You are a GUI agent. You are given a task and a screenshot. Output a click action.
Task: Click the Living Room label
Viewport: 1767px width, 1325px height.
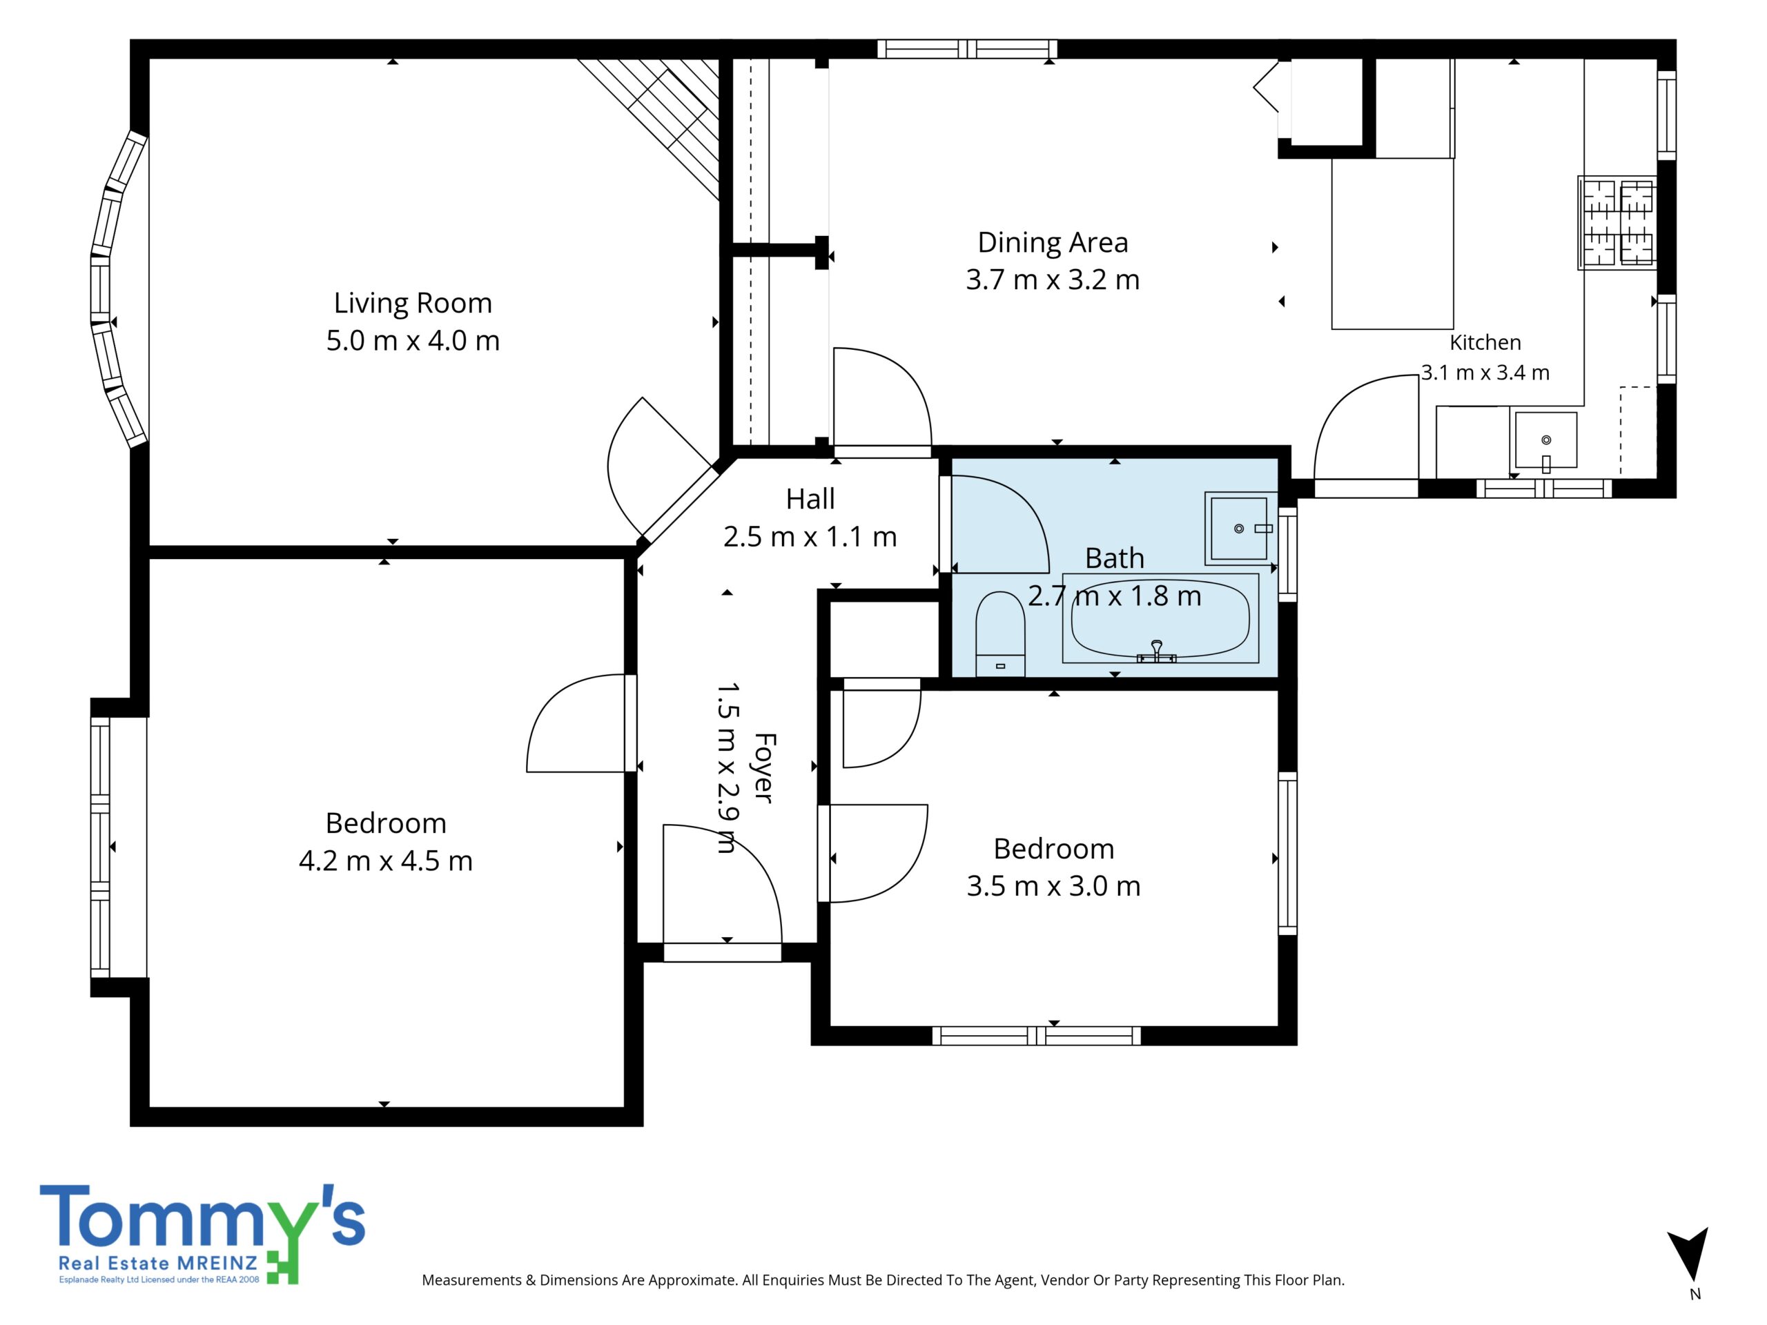(x=412, y=303)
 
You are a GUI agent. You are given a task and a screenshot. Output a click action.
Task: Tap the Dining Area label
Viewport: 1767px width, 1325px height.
(x=1053, y=242)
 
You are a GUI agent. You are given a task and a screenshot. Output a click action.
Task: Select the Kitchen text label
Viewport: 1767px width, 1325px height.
(x=1485, y=342)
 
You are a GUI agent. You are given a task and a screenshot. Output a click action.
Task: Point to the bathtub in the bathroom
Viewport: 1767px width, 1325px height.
(x=1160, y=618)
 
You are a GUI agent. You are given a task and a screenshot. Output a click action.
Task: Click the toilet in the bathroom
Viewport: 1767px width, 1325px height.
(x=1000, y=634)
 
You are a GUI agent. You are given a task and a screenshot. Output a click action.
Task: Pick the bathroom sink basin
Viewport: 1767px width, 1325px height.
(x=1240, y=528)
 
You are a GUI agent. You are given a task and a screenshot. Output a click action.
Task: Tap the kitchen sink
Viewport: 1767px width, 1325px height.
(x=1545, y=440)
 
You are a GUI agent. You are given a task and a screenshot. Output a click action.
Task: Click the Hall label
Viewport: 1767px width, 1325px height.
(x=810, y=499)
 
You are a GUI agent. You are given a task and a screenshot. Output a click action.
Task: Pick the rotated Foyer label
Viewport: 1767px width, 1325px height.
(x=763, y=767)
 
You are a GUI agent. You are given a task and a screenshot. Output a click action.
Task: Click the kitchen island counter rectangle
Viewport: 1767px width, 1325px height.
(x=1392, y=244)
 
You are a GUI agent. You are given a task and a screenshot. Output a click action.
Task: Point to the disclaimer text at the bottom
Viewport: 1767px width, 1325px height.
(x=883, y=1279)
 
